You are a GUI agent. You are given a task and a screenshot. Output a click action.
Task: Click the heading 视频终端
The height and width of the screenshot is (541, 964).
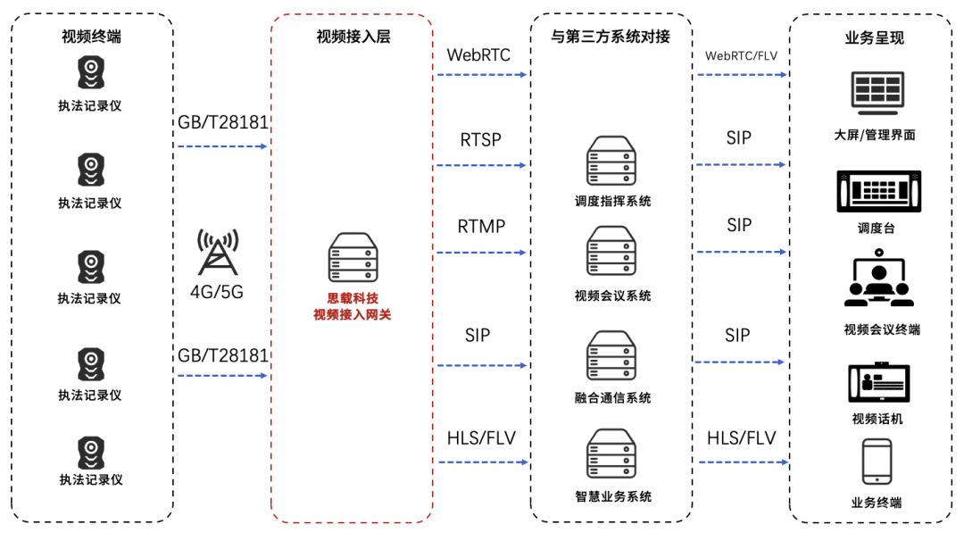tap(91, 37)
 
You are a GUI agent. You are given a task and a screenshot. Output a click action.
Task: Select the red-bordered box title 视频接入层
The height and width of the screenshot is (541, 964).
tap(353, 37)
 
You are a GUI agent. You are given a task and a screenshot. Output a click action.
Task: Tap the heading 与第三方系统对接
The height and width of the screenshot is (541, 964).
tap(611, 37)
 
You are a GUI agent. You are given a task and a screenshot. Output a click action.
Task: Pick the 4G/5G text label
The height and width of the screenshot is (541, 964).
tap(218, 292)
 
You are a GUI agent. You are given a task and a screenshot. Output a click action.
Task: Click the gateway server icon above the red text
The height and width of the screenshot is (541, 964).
tap(353, 258)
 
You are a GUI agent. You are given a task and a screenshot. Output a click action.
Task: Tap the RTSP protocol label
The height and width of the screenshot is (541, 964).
tap(480, 140)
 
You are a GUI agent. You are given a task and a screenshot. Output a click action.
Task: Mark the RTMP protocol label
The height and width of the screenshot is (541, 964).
tap(481, 227)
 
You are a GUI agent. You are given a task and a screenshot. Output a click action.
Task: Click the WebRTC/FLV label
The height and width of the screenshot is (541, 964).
tap(741, 55)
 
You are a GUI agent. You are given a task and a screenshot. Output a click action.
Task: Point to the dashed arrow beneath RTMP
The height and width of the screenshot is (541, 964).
tap(481, 253)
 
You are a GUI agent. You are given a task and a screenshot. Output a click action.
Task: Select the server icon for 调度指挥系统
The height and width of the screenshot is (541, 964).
tap(611, 162)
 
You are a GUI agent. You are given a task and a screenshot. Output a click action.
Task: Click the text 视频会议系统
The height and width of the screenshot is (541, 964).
tap(612, 295)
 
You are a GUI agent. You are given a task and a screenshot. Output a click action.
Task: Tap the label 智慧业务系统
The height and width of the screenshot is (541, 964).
tap(612, 496)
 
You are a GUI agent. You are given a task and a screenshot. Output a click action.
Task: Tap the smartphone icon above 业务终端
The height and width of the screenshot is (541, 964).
tap(876, 462)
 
